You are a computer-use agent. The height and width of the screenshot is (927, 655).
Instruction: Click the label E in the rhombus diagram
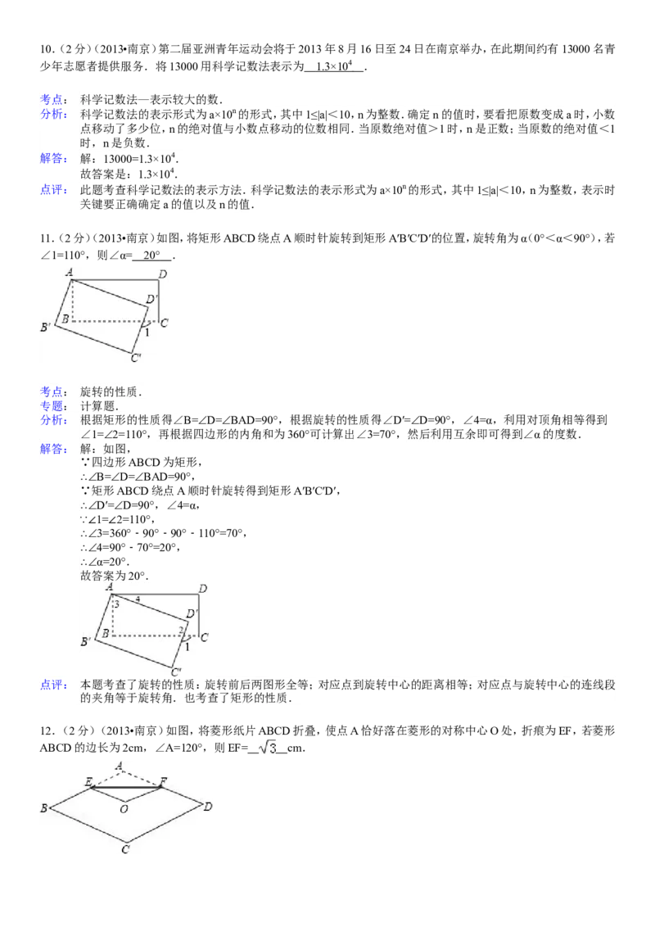(x=88, y=781)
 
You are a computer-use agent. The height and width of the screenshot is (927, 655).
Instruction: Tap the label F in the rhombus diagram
(x=164, y=781)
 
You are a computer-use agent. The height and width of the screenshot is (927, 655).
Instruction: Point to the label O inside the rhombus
(x=123, y=809)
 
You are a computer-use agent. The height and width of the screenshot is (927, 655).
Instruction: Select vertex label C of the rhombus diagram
(x=125, y=850)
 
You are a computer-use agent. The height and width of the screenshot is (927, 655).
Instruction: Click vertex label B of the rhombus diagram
(x=44, y=809)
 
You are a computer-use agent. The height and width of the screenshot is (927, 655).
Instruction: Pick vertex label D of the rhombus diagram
(x=209, y=807)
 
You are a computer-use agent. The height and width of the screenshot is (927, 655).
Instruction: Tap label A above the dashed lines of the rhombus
(x=120, y=766)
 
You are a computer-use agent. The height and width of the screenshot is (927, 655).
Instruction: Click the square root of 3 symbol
(x=268, y=748)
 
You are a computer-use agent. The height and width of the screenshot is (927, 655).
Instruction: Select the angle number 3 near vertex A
(x=117, y=604)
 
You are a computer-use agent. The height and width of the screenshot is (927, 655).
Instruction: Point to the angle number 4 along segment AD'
(x=138, y=600)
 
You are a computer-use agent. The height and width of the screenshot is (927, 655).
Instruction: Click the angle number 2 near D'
(x=182, y=630)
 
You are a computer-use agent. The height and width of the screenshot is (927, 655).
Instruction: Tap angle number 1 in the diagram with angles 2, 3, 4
(x=187, y=648)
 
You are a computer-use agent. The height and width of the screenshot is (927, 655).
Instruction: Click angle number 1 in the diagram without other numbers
(x=147, y=332)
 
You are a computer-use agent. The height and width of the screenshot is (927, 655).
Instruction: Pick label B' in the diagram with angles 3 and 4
(x=85, y=643)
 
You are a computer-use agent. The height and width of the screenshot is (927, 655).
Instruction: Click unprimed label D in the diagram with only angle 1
(x=163, y=274)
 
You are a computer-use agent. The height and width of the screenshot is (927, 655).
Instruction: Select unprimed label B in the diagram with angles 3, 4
(x=106, y=633)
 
